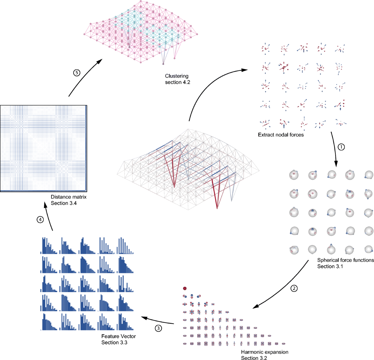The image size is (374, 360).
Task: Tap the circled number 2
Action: (x=294, y=288)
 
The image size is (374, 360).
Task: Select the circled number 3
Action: (x=159, y=328)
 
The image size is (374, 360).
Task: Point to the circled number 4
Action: (x=40, y=220)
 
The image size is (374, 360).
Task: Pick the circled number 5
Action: (x=77, y=73)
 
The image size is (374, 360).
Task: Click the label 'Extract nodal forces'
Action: (x=280, y=135)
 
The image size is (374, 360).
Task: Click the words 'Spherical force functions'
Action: (x=345, y=260)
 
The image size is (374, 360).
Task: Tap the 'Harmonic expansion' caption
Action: (x=264, y=352)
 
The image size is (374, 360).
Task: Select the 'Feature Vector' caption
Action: (x=118, y=336)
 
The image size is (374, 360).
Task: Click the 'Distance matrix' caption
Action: (x=69, y=197)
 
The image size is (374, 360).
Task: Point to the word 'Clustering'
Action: (x=177, y=76)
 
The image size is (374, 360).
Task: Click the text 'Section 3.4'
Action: (x=64, y=203)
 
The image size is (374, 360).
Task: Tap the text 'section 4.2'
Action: (x=177, y=82)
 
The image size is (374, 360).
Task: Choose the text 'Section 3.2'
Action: (x=254, y=358)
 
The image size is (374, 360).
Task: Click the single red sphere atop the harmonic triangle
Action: (x=185, y=288)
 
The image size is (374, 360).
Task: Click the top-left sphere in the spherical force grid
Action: (x=294, y=175)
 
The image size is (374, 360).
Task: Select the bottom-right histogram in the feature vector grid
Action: (x=126, y=322)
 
